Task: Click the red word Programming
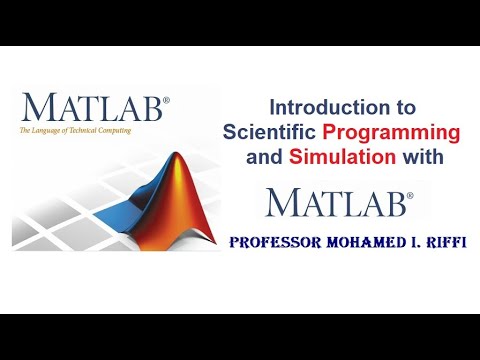tap(399, 132)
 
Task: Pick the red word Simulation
tap(335, 156)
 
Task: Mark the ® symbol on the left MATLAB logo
tap(166, 99)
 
